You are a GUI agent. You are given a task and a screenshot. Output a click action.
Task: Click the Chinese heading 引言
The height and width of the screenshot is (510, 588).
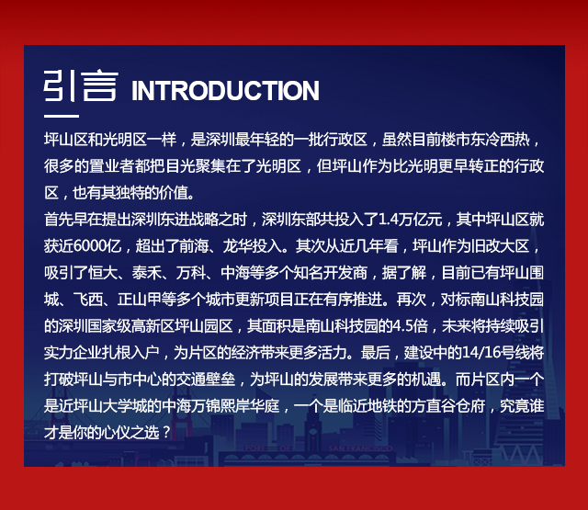click(x=81, y=85)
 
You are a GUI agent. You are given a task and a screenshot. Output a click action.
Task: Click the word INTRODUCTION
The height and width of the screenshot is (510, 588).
click(x=225, y=91)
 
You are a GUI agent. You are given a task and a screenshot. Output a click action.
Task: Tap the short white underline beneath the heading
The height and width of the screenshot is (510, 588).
click(x=62, y=116)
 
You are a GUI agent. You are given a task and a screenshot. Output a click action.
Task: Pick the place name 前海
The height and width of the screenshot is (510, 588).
click(x=194, y=246)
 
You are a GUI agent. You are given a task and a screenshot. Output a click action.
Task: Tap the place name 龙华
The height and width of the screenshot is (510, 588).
click(x=237, y=246)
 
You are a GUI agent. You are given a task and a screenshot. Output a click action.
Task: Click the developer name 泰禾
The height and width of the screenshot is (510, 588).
click(x=147, y=273)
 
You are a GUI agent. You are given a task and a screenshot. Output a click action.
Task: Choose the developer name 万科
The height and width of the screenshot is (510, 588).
click(x=191, y=273)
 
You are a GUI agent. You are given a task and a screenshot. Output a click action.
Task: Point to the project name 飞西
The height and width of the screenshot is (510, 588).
click(x=88, y=300)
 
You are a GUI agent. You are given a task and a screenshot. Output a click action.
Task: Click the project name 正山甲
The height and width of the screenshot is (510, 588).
click(x=139, y=300)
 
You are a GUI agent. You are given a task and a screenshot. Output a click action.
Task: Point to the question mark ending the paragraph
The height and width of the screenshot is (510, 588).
click(x=166, y=433)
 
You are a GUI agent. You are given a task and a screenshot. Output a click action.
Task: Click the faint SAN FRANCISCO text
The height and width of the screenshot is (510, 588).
click(x=360, y=448)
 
